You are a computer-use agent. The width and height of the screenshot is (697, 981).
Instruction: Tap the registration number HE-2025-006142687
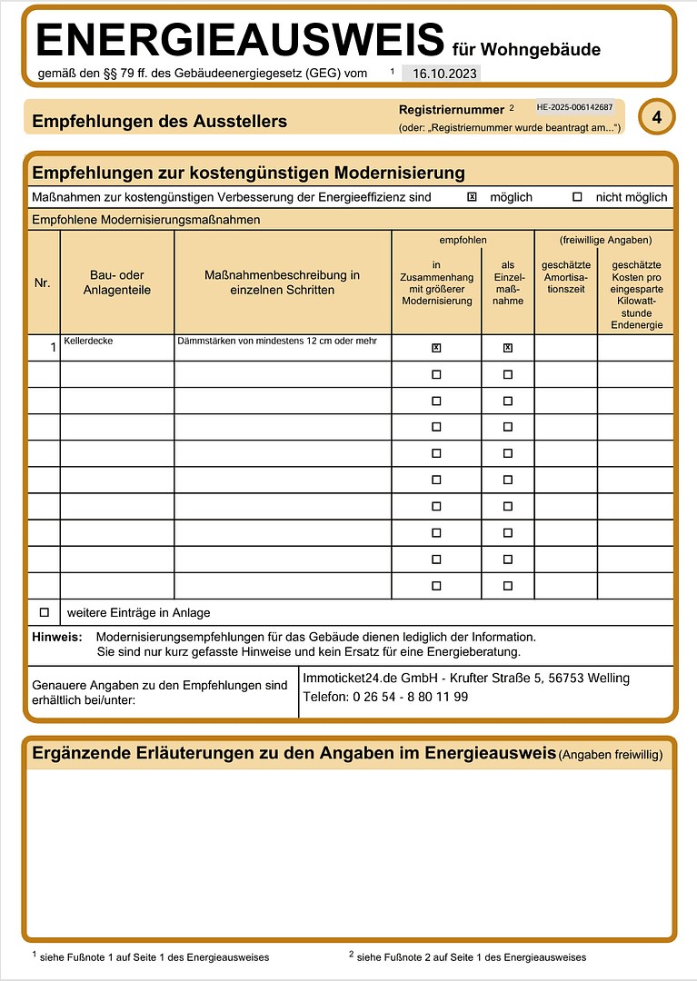pos(574,107)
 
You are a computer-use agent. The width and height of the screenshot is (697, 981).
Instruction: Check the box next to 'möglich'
pos(472,197)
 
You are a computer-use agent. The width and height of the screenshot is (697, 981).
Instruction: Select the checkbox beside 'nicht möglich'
pos(577,197)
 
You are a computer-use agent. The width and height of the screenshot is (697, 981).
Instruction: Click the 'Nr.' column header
pos(43,283)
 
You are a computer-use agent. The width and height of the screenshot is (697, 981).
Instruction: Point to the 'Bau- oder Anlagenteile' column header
pos(117,282)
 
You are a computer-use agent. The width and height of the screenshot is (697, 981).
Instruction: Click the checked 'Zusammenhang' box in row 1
pos(436,348)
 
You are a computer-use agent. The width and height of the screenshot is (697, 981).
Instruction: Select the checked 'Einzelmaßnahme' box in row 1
pos(508,348)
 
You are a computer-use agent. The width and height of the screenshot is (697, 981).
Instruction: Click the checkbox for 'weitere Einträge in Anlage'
pos(44,612)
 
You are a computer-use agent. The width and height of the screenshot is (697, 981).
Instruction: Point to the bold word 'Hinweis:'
pos(57,638)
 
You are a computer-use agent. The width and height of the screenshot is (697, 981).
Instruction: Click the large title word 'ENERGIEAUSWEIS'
pos(241,41)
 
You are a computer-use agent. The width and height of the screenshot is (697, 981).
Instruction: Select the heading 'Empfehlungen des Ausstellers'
pos(159,122)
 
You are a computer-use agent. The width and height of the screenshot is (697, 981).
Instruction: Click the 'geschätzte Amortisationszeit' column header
pos(565,277)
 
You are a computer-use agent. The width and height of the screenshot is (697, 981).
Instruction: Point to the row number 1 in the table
pos(53,346)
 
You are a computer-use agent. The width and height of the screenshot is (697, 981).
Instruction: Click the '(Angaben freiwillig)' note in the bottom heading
pos(611,755)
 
